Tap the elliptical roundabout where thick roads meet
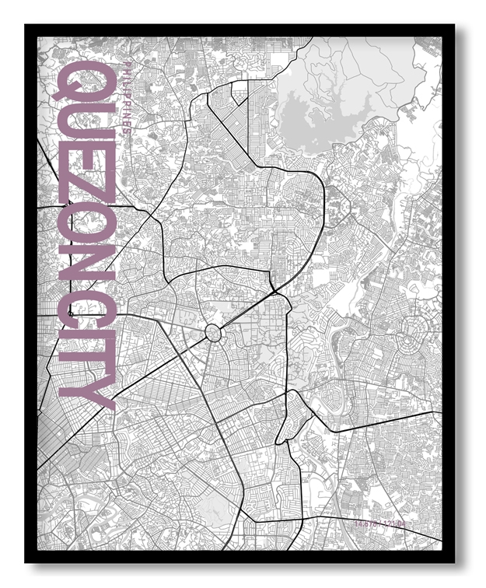tap(214, 334)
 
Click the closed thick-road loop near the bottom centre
tap(292, 416)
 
